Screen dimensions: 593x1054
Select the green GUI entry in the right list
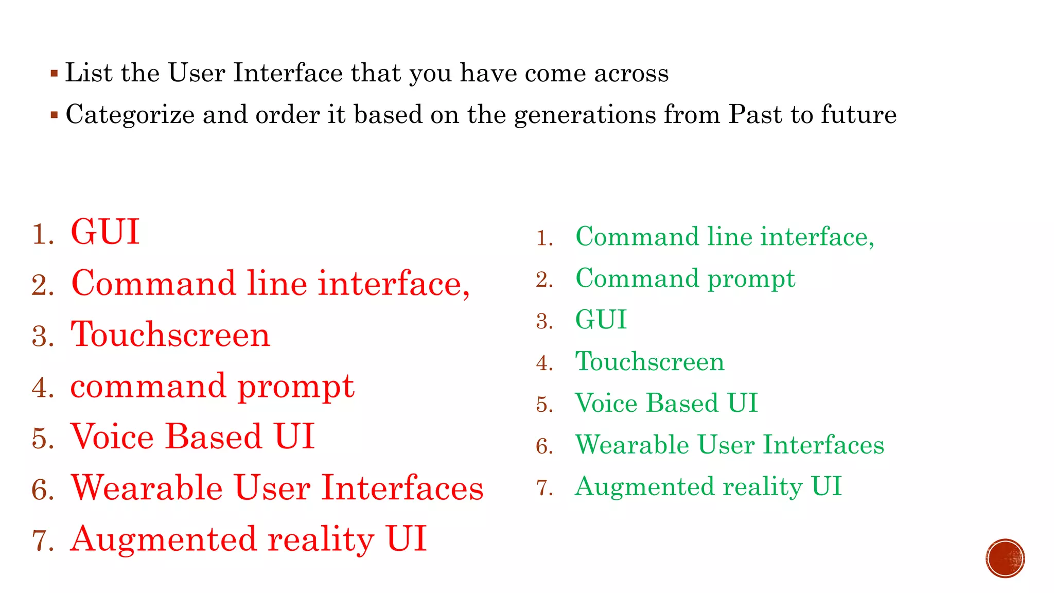(601, 320)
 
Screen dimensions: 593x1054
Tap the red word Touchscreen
(170, 335)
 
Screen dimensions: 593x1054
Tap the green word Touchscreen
(649, 361)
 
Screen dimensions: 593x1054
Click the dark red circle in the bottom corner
(1005, 559)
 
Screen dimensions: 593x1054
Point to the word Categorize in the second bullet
(130, 115)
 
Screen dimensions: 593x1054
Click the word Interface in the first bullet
(288, 73)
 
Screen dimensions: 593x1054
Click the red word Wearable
(147, 488)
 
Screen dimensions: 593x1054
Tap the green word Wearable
(632, 445)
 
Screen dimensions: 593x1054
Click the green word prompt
(751, 280)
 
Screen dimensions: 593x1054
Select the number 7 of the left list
(42, 541)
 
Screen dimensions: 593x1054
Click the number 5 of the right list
(544, 405)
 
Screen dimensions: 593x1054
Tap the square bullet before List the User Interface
(54, 73)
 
